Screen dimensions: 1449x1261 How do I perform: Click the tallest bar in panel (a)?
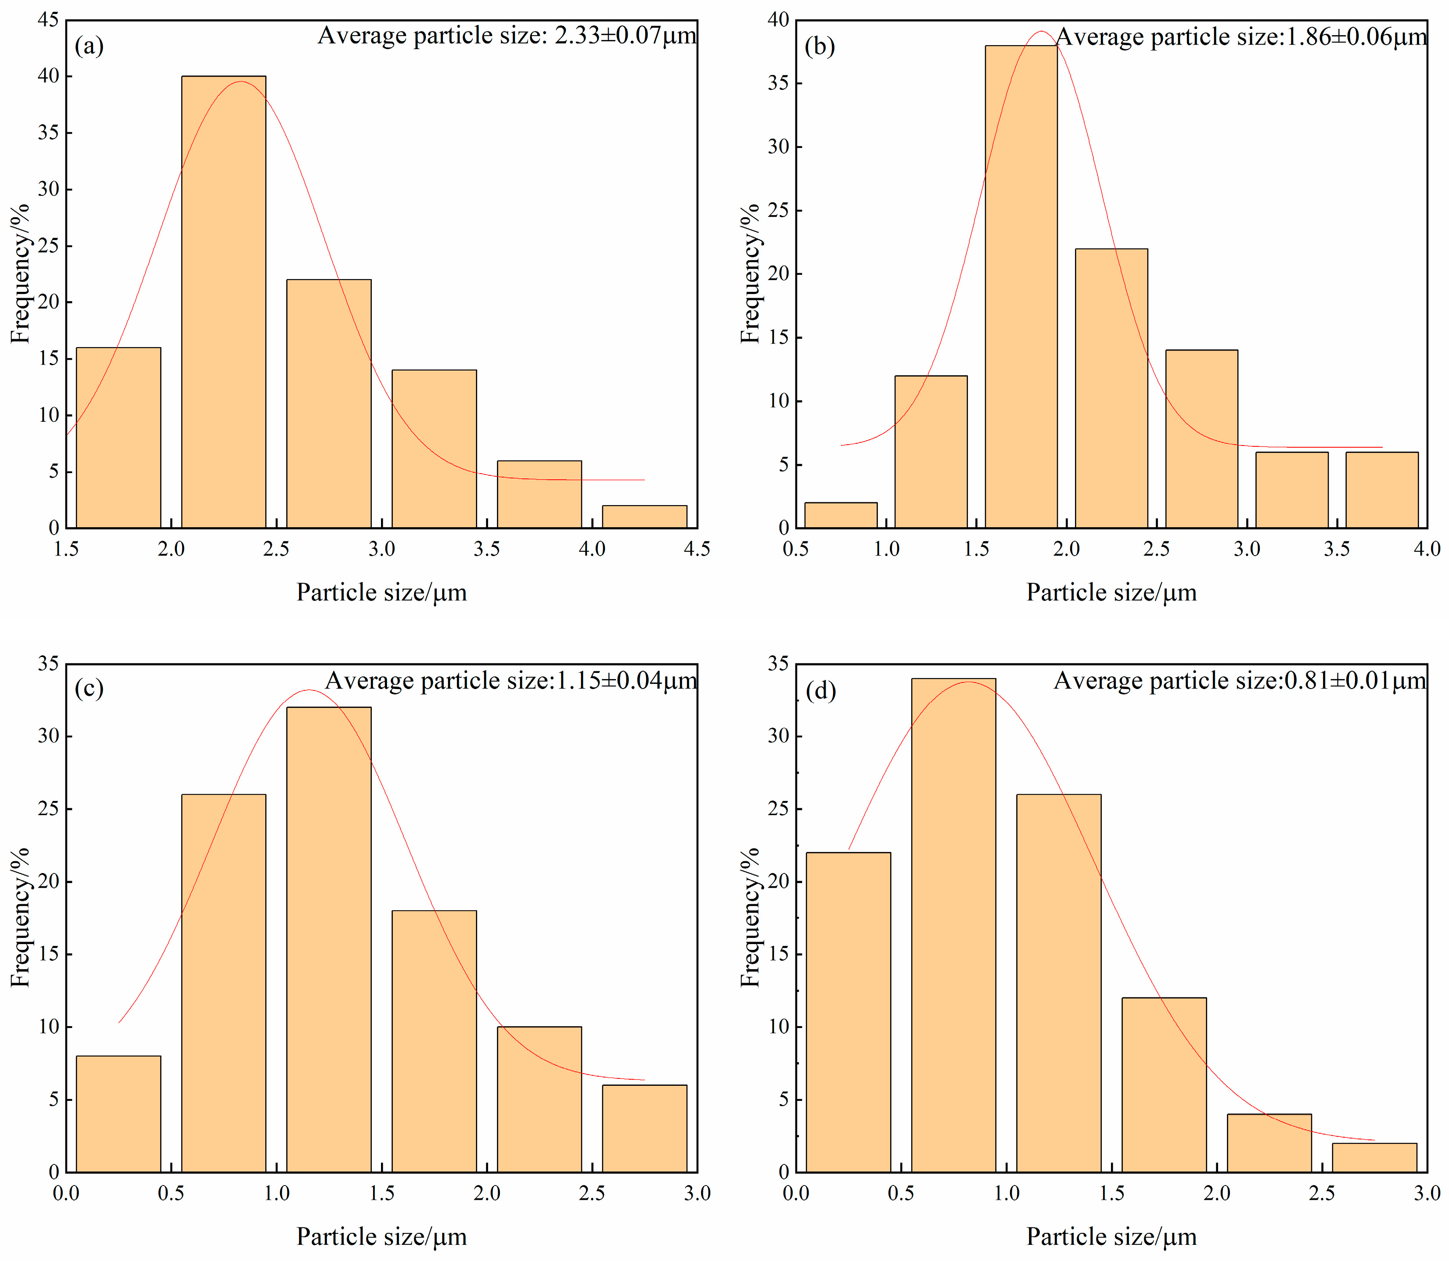click(224, 302)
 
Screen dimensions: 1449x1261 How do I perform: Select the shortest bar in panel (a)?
click(645, 517)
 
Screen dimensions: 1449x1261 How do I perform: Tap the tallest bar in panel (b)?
click(1021, 287)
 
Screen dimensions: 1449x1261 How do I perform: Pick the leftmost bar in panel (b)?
click(841, 515)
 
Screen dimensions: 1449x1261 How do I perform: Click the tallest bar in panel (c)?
click(329, 939)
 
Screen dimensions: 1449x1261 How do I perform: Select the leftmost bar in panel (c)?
click(118, 1114)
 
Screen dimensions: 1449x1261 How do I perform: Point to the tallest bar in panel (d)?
click(953, 925)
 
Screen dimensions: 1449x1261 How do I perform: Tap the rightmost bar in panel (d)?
click(1374, 1157)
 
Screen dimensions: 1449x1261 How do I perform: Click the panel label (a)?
click(90, 47)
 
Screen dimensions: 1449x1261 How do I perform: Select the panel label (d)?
click(820, 690)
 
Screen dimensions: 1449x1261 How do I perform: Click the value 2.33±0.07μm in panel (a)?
click(626, 35)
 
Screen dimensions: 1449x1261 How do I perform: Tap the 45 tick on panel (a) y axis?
click(49, 20)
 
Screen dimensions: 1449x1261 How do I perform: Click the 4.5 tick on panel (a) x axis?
click(697, 550)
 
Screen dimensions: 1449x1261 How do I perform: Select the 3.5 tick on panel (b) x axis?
click(1336, 550)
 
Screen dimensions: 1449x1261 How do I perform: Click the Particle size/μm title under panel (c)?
click(381, 1237)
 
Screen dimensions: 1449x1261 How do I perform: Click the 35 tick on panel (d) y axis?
click(778, 664)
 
